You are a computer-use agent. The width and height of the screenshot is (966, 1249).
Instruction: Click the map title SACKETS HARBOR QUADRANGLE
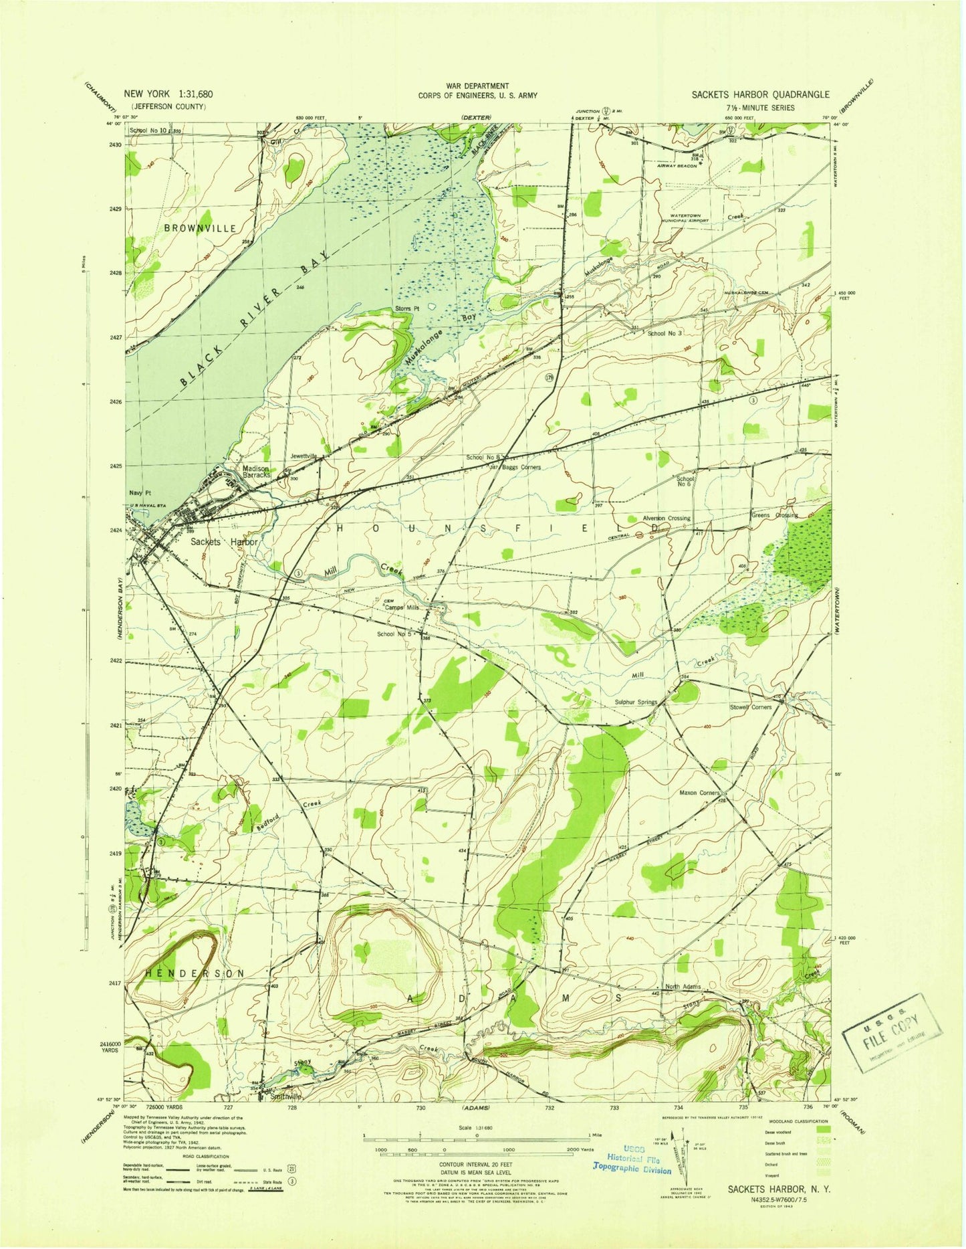[761, 95]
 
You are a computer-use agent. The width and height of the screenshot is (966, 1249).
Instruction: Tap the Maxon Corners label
[699, 793]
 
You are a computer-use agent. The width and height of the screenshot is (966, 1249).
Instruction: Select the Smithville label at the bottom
[286, 1097]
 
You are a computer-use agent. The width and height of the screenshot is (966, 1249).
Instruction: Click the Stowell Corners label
[751, 706]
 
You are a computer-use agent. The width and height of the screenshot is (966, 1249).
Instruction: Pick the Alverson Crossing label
[666, 518]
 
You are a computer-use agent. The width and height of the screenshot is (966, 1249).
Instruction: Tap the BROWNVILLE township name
[200, 228]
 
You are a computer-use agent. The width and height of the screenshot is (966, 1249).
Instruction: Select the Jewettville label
[304, 456]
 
